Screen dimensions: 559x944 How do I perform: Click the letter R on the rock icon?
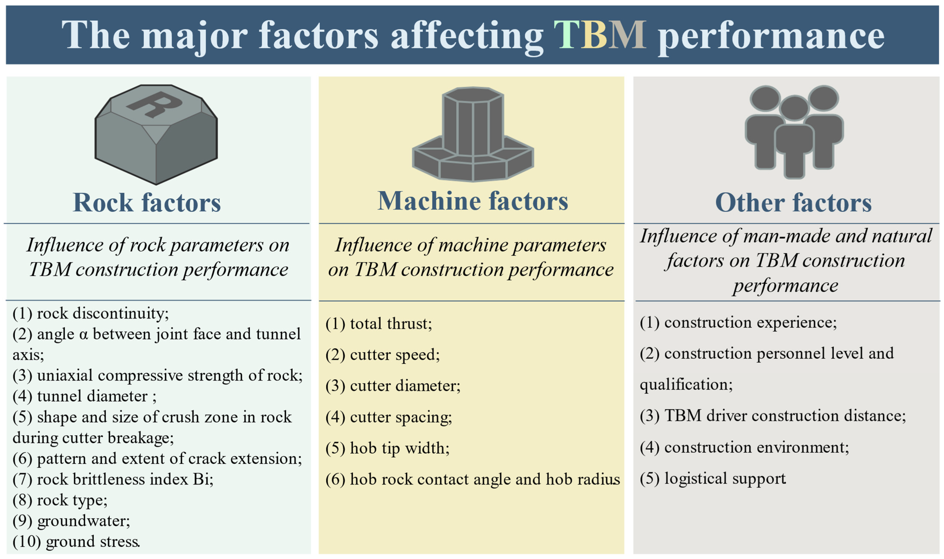coord(154,104)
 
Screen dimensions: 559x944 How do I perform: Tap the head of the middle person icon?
coord(794,107)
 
